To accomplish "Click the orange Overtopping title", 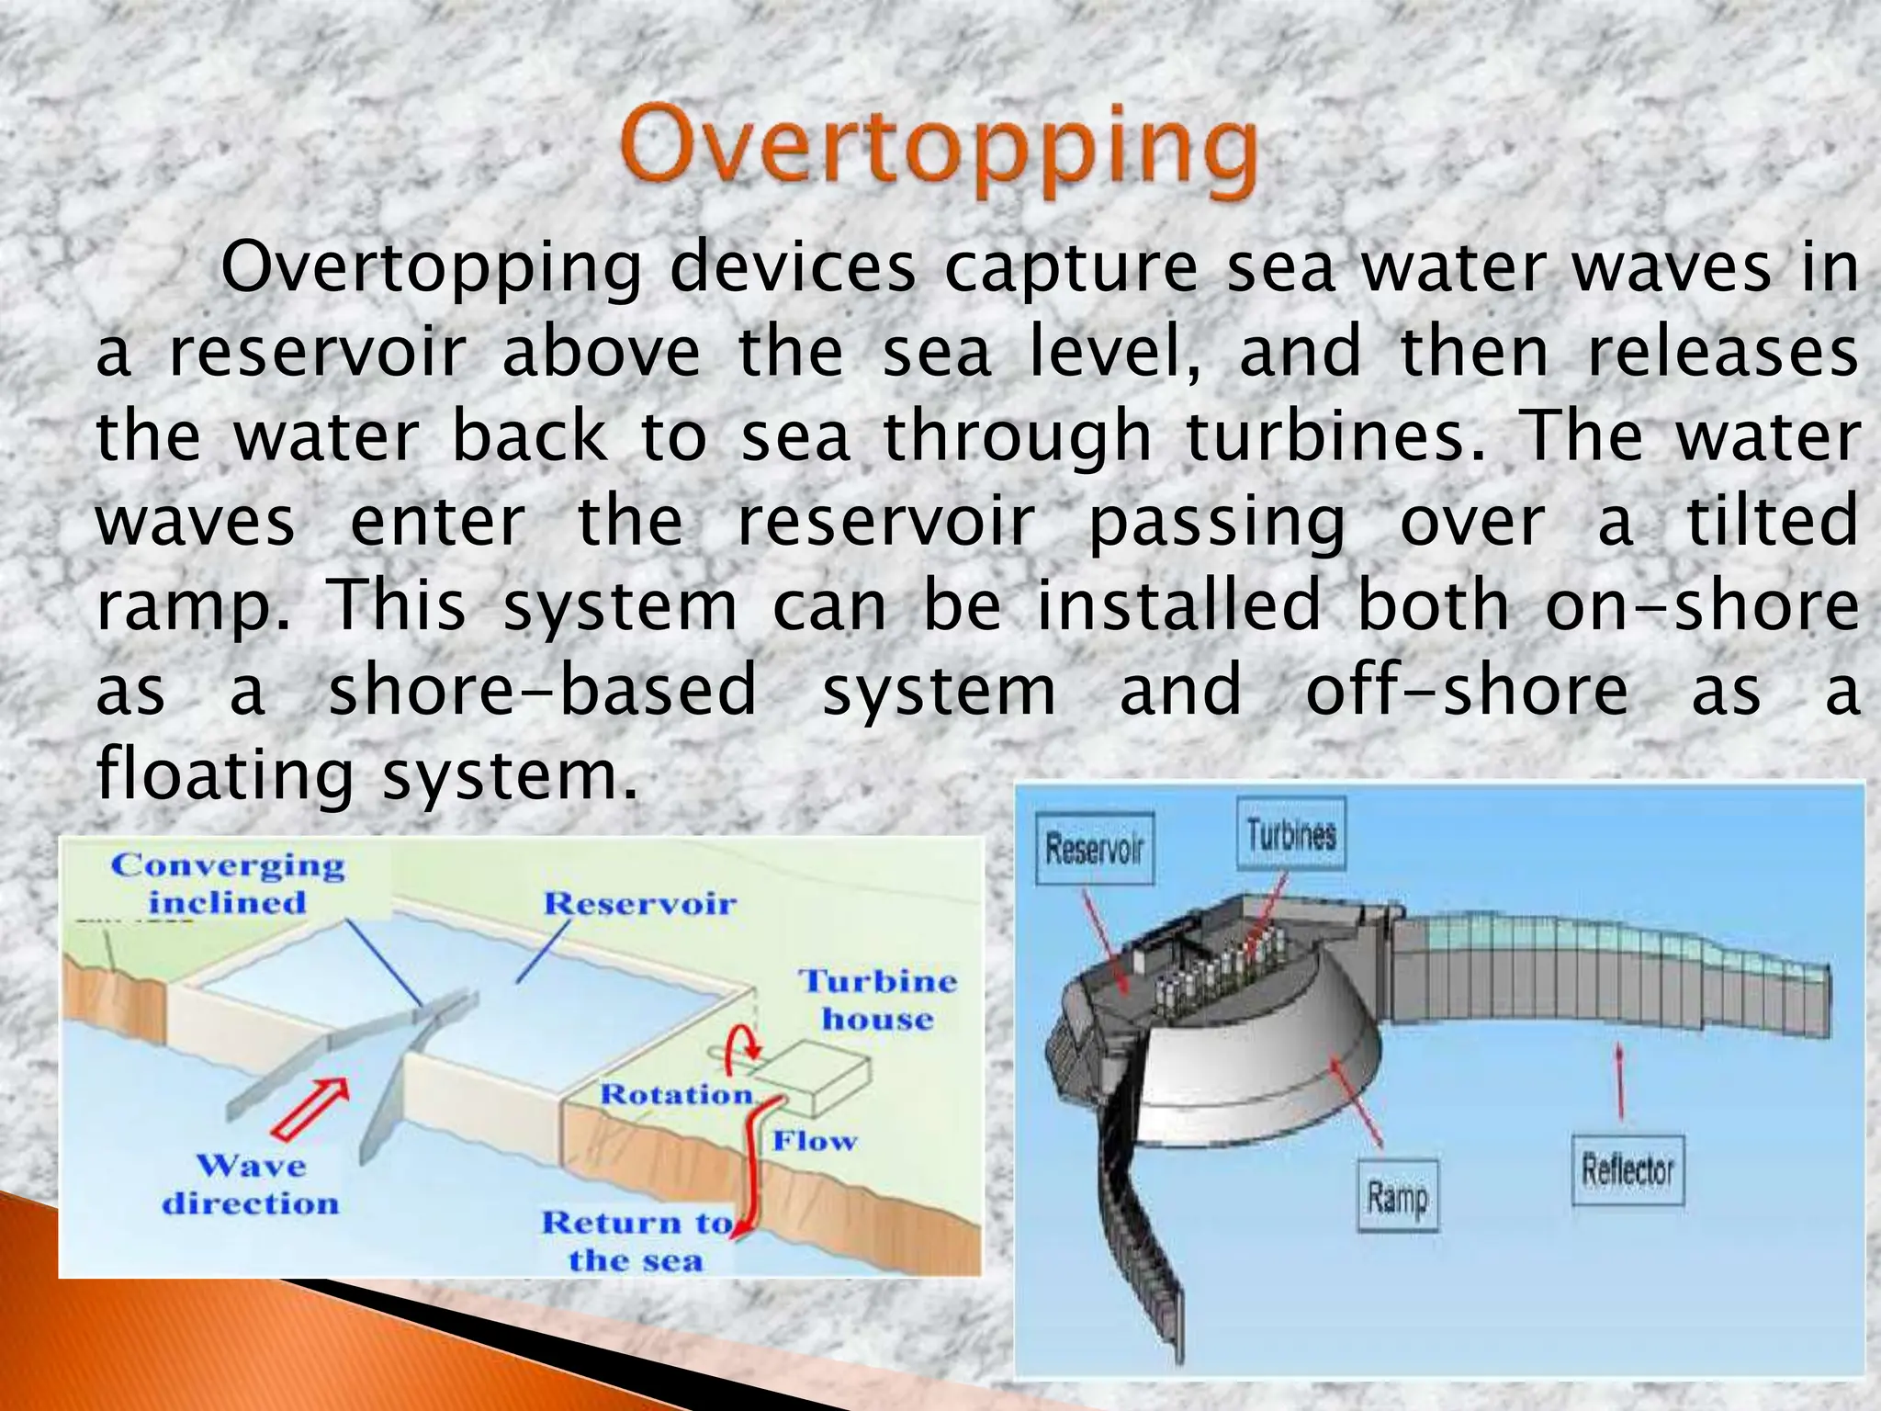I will coord(939,149).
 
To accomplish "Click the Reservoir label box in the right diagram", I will coord(1094,848).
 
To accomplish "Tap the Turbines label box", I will coord(1290,834).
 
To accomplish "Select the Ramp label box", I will coord(1397,1195).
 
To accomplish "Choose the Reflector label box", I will coord(1628,1169).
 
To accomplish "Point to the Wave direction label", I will coord(250,1184).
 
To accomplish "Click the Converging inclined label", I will coord(228,883).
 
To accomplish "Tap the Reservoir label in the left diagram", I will coord(640,903).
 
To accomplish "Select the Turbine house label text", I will coord(877,999).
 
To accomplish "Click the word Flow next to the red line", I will coord(814,1141).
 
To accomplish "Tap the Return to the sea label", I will coord(636,1240).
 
